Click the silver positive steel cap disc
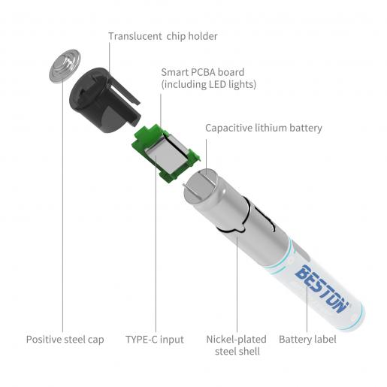[65, 66]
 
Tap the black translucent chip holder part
[103, 100]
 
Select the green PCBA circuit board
[166, 153]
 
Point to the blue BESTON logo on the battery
[322, 289]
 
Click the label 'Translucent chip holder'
[163, 36]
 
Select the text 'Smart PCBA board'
[203, 72]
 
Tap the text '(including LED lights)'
[209, 84]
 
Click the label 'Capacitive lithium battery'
[264, 128]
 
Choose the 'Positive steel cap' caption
[65, 340]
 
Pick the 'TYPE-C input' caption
[155, 340]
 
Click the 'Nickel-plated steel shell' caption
[237, 346]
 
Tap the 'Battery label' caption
[307, 340]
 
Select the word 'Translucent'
[135, 36]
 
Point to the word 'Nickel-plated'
[237, 340]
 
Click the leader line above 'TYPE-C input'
[156, 244]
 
